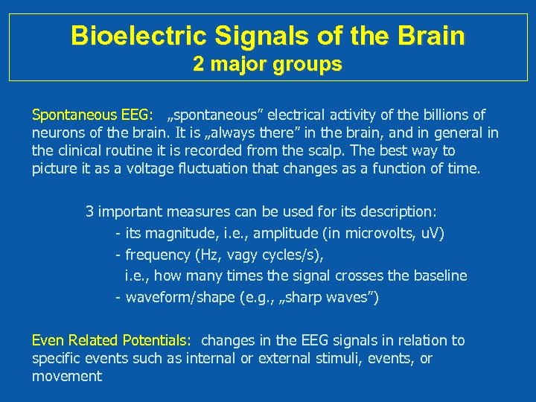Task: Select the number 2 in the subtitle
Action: coord(199,65)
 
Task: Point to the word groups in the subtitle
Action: coord(307,66)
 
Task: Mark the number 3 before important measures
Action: coord(90,212)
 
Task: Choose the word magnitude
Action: coord(185,234)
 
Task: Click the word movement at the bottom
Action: coord(67,376)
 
